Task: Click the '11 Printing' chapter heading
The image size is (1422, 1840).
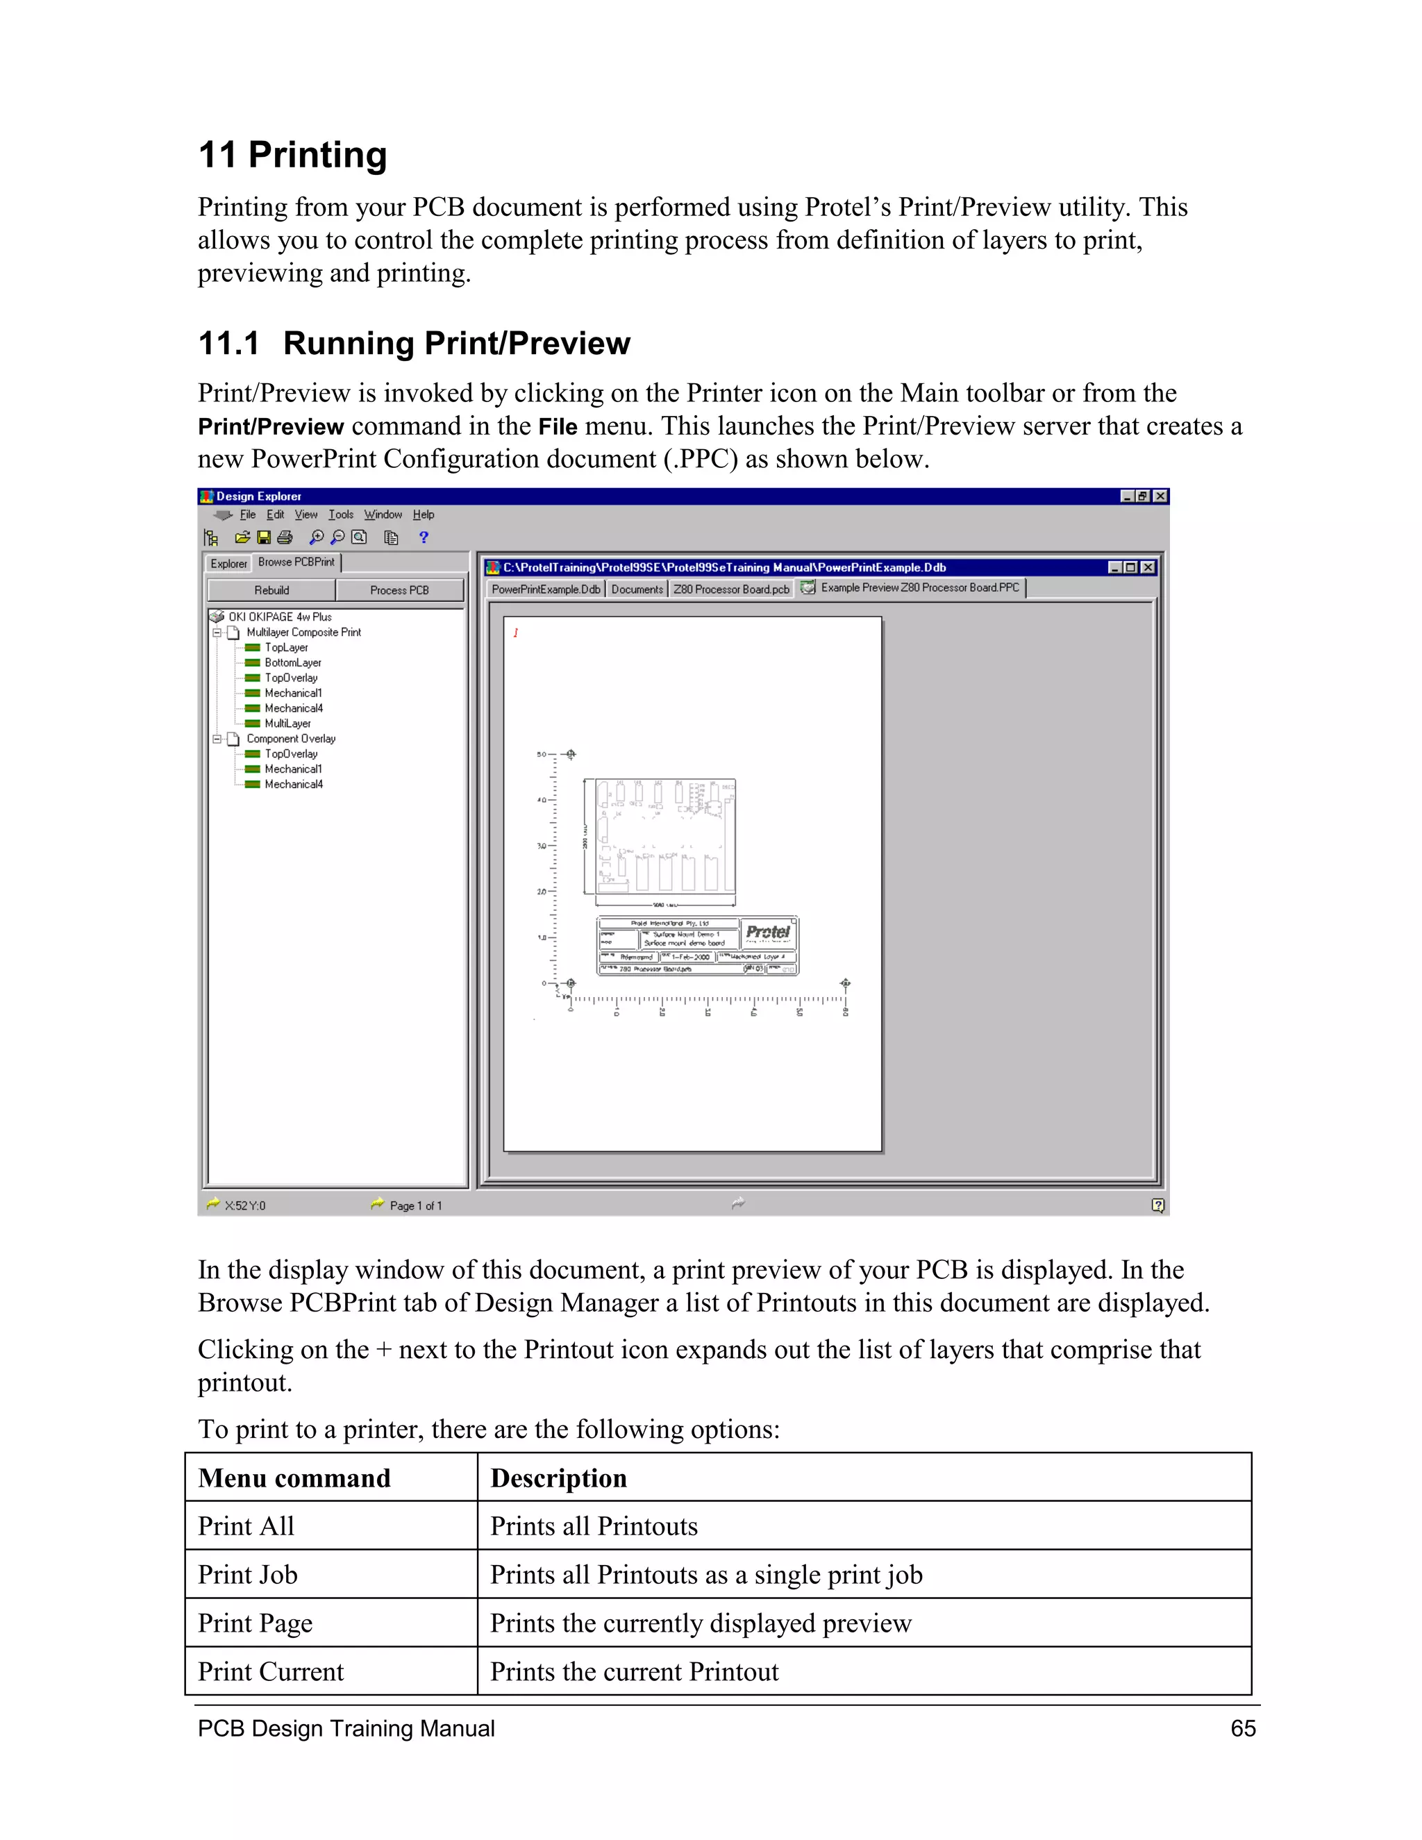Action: (292, 155)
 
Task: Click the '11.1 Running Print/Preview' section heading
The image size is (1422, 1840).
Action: (414, 344)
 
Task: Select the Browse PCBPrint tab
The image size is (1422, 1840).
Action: (296, 562)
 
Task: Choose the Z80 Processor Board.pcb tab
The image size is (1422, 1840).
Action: (730, 589)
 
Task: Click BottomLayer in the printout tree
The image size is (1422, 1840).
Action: (292, 663)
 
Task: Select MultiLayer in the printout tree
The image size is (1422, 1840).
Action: (287, 724)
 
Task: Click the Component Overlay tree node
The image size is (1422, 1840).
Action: (291, 739)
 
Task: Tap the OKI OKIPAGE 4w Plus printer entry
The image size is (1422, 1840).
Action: (279, 617)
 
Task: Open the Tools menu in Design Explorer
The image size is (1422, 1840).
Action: (340, 515)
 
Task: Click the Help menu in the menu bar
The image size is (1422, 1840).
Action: (423, 515)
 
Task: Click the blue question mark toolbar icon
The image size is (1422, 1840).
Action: (424, 537)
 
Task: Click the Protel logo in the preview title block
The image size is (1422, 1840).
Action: (767, 932)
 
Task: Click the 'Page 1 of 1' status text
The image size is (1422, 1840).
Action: (415, 1205)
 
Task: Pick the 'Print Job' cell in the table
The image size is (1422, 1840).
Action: (248, 1575)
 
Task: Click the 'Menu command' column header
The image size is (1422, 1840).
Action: (294, 1478)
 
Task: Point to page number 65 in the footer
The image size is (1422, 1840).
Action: (1243, 1729)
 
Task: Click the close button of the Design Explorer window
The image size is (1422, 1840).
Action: (1160, 496)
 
